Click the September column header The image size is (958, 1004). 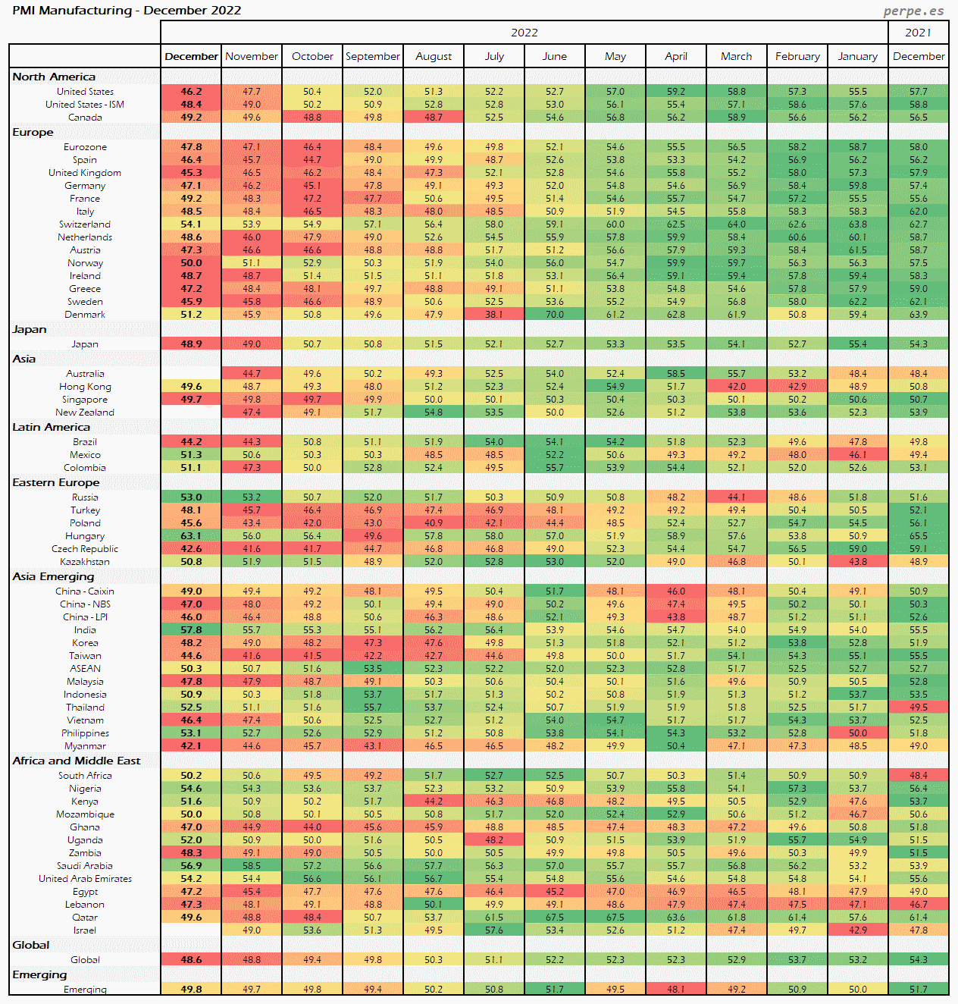[373, 56]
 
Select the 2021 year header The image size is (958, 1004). [918, 33]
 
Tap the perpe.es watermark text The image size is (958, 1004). [913, 11]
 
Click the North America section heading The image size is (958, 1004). [54, 77]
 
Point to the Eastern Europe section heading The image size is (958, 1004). [55, 482]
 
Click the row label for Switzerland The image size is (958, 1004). [85, 224]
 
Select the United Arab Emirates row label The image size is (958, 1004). [85, 879]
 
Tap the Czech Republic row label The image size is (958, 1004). [85, 549]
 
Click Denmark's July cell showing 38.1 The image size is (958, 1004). [494, 315]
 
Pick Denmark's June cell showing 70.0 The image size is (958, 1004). [555, 315]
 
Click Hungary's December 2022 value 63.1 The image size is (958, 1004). [191, 536]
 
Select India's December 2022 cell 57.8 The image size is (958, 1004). [191, 630]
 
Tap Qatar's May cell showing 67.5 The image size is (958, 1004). [615, 918]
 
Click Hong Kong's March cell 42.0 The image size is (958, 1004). [737, 387]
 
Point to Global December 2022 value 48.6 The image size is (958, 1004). [191, 960]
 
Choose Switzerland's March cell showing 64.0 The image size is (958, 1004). [737, 224]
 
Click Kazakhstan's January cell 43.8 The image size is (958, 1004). [858, 562]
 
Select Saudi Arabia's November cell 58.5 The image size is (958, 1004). [252, 866]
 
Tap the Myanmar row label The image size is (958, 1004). [85, 746]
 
